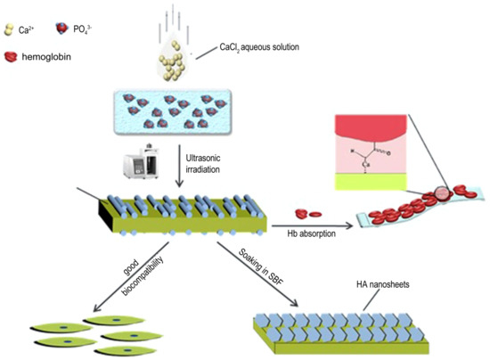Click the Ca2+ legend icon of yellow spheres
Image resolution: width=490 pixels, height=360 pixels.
tap(10, 30)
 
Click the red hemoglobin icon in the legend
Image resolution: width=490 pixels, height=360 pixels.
tap(13, 56)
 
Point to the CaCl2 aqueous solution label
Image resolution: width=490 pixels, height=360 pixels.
tap(258, 47)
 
